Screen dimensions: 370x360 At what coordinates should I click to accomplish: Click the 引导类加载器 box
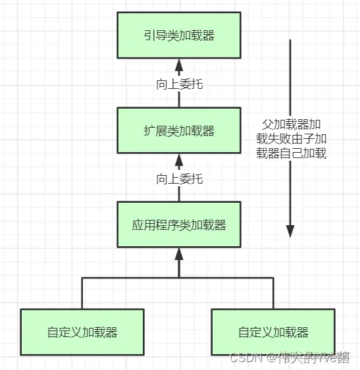179,36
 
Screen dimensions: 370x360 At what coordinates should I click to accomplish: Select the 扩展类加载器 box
179,130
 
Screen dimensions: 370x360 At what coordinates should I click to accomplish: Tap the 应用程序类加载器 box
179,225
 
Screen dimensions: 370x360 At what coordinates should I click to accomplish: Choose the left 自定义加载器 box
82,332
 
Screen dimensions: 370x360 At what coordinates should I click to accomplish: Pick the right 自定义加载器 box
273,332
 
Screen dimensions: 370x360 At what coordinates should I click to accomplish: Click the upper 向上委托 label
179,84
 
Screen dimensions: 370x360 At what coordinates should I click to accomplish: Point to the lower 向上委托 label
179,178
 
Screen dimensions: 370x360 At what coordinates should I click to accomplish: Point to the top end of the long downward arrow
290,40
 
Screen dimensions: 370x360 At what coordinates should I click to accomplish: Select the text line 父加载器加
291,124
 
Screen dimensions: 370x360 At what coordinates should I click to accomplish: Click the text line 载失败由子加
291,139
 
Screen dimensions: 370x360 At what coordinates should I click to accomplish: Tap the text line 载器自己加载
291,153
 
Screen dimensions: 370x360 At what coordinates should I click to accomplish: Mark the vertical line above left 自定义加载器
82,293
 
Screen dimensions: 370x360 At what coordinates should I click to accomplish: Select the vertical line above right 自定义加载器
273,293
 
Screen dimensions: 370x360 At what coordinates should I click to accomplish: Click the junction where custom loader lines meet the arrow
179,278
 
